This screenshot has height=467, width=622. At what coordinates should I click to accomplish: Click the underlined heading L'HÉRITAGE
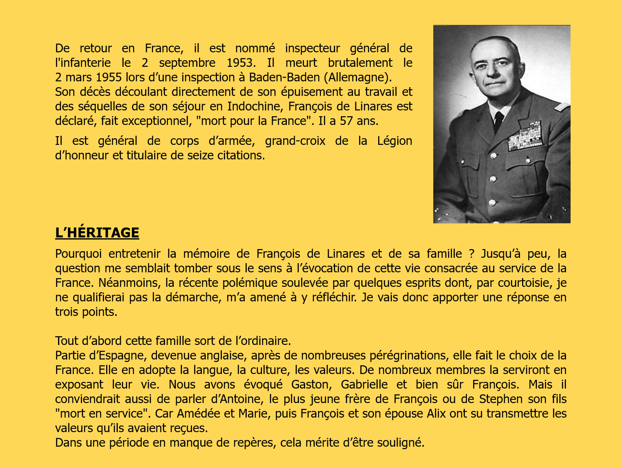coord(97,233)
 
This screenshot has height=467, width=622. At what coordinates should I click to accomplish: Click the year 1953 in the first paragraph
coord(240,63)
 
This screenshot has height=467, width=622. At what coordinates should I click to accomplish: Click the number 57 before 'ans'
coord(346,121)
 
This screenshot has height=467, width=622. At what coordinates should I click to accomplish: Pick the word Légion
coord(394,141)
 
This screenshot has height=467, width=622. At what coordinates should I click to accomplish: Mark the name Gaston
coord(311,385)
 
